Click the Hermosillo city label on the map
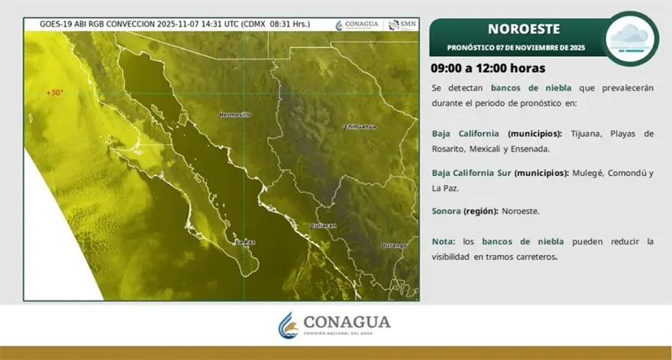235,115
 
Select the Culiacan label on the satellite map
324,226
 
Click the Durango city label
394,244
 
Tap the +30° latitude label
55,93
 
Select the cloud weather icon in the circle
631,37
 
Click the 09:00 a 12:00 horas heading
488,68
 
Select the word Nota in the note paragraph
443,242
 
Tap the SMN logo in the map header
402,24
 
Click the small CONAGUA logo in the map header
359,24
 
